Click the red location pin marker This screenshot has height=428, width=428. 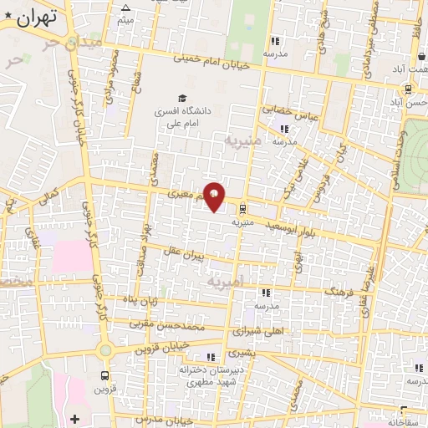215,196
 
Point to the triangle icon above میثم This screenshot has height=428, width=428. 125,8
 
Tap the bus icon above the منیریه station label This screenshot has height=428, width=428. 242,208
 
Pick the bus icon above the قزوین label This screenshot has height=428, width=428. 105,375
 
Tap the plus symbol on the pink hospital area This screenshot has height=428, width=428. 75,417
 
